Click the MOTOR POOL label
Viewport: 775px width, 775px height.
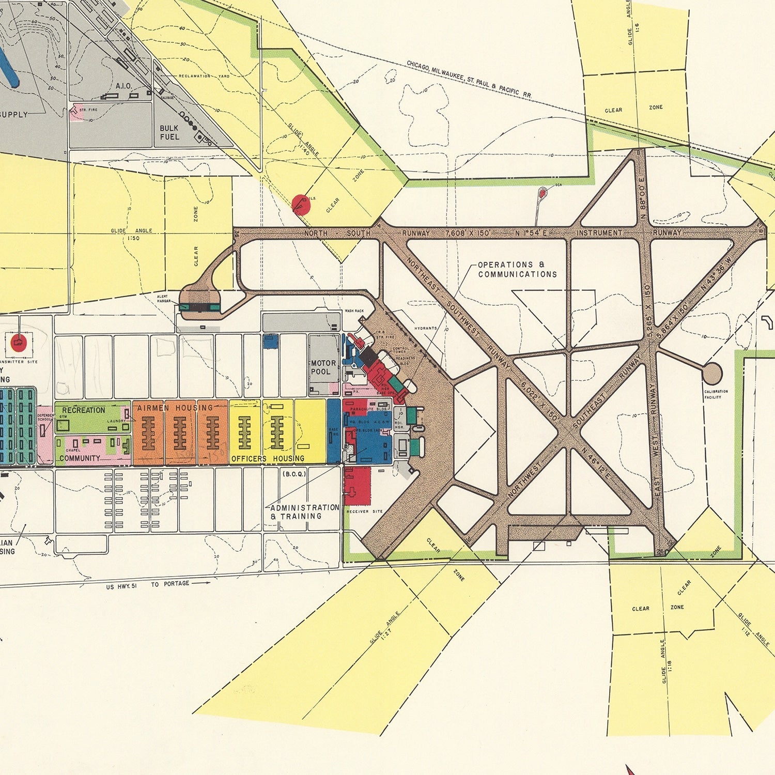(323, 367)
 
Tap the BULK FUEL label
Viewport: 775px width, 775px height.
(169, 133)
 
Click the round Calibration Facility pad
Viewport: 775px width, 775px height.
(712, 373)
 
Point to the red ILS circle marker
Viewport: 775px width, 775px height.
(301, 205)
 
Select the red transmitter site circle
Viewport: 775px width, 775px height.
(19, 342)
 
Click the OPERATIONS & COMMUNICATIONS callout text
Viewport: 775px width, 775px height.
(517, 270)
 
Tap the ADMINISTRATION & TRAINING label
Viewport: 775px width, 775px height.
(304, 512)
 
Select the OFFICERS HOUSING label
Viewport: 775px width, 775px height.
(268, 458)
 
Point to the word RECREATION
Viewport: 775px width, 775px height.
(84, 410)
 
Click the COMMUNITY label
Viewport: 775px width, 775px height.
(80, 458)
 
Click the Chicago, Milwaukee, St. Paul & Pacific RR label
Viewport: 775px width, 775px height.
(469, 79)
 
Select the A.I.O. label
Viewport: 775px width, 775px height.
(123, 86)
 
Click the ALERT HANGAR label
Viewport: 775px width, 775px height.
(163, 299)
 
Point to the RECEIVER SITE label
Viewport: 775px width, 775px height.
(365, 512)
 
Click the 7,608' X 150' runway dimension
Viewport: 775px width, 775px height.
(468, 234)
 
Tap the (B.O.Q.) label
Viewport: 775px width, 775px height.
(295, 473)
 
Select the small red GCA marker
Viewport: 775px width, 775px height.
(543, 193)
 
